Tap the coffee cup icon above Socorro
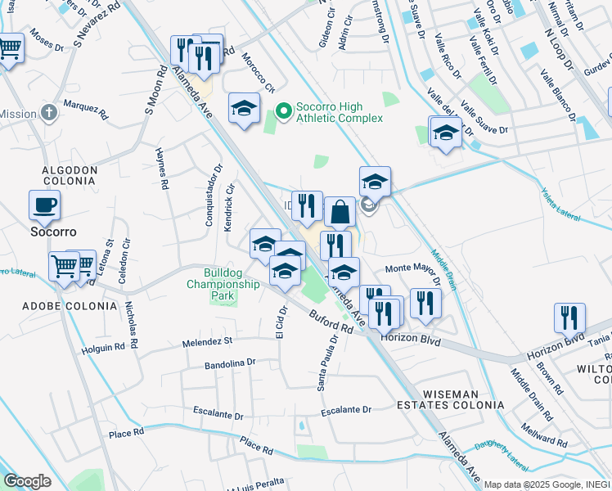(x=44, y=205)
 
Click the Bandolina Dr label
(x=230, y=362)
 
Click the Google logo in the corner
(x=27, y=481)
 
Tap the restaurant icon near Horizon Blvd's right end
(x=569, y=318)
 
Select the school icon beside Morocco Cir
(x=244, y=110)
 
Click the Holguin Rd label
(x=103, y=347)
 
